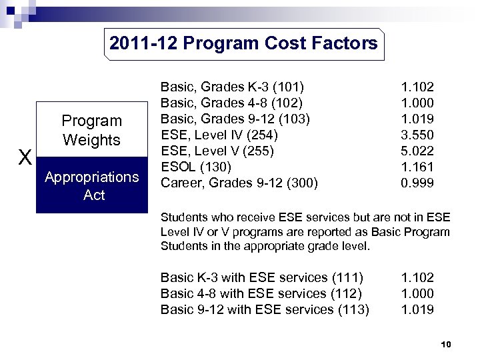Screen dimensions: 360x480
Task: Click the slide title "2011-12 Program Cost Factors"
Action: (x=243, y=44)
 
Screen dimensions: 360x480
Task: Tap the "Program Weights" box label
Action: (x=91, y=130)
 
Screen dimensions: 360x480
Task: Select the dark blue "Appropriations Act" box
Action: (x=91, y=186)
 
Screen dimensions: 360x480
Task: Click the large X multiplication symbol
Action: (x=25, y=158)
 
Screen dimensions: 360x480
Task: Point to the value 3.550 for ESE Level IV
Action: (x=417, y=135)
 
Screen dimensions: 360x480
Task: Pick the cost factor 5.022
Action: (x=417, y=151)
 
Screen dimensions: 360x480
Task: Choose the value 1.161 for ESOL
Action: (x=417, y=167)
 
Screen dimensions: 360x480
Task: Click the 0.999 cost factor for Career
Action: (x=417, y=183)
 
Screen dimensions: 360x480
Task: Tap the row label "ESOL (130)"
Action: (x=196, y=167)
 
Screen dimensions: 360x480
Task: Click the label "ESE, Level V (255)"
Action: (x=217, y=151)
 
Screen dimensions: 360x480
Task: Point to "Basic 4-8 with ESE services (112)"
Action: (x=261, y=293)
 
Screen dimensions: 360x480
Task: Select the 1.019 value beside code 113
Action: (x=417, y=309)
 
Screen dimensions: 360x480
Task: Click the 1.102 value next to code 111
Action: (x=417, y=277)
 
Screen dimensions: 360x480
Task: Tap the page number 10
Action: (x=447, y=345)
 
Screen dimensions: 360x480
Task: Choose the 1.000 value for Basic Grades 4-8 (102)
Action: (x=417, y=103)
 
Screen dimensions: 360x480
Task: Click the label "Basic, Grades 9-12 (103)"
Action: (x=236, y=119)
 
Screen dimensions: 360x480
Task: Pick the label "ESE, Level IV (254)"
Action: (x=219, y=135)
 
